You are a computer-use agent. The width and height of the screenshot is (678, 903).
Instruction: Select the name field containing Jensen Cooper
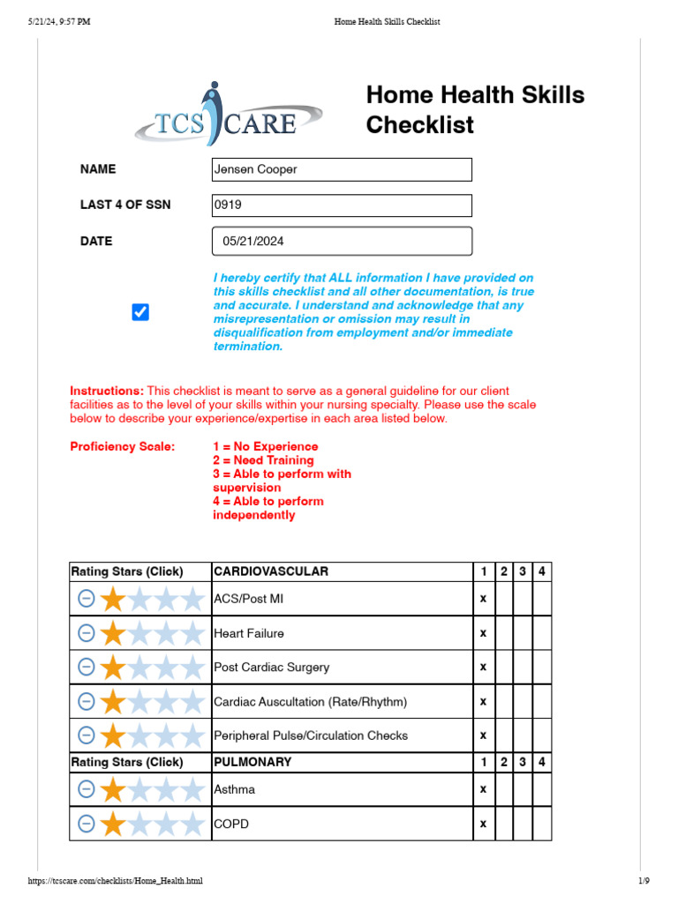coord(342,169)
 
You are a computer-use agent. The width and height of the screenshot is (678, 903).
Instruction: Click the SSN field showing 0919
coord(342,205)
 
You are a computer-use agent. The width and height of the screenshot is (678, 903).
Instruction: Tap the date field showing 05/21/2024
coord(342,241)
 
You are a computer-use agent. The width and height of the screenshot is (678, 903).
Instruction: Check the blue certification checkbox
coord(140,312)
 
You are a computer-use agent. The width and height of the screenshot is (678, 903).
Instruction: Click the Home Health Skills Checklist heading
coord(475,110)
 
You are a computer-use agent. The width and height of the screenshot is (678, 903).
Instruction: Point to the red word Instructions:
coord(107,391)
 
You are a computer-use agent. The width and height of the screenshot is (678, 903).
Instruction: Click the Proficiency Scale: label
coord(123,446)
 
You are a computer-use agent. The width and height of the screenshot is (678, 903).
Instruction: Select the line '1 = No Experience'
coord(265,446)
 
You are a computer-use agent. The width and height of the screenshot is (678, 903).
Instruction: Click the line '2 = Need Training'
coord(263,460)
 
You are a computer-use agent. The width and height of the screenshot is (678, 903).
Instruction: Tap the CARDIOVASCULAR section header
coord(271,571)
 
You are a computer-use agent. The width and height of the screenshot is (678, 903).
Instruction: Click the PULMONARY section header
coord(252,762)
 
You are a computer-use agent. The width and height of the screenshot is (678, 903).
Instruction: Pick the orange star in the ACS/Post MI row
coord(113,600)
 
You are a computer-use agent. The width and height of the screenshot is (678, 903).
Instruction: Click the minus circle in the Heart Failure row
coord(87,633)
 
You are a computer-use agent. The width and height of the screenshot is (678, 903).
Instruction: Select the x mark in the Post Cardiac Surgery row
coord(483,668)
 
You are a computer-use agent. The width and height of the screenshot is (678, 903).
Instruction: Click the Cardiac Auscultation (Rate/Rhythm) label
coord(298,702)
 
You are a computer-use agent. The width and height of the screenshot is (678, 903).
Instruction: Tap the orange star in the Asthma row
coord(113,790)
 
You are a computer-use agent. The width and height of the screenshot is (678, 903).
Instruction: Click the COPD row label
coord(231,824)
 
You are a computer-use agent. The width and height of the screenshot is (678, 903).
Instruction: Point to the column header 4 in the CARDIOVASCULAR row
coord(542,571)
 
